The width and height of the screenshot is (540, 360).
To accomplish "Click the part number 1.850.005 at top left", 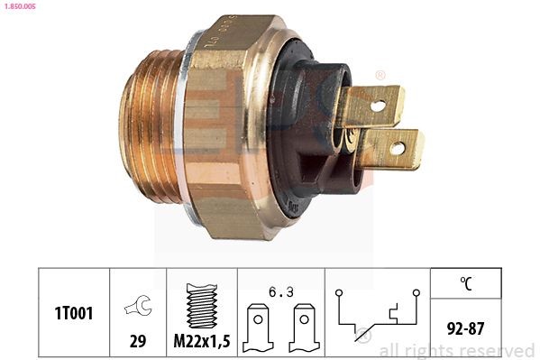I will [x=19, y=6].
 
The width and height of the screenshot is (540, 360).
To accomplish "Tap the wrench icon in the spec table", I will [x=138, y=306].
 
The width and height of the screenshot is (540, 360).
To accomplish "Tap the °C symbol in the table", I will [x=466, y=282].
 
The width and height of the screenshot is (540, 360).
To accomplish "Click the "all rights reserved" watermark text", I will [x=456, y=350].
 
